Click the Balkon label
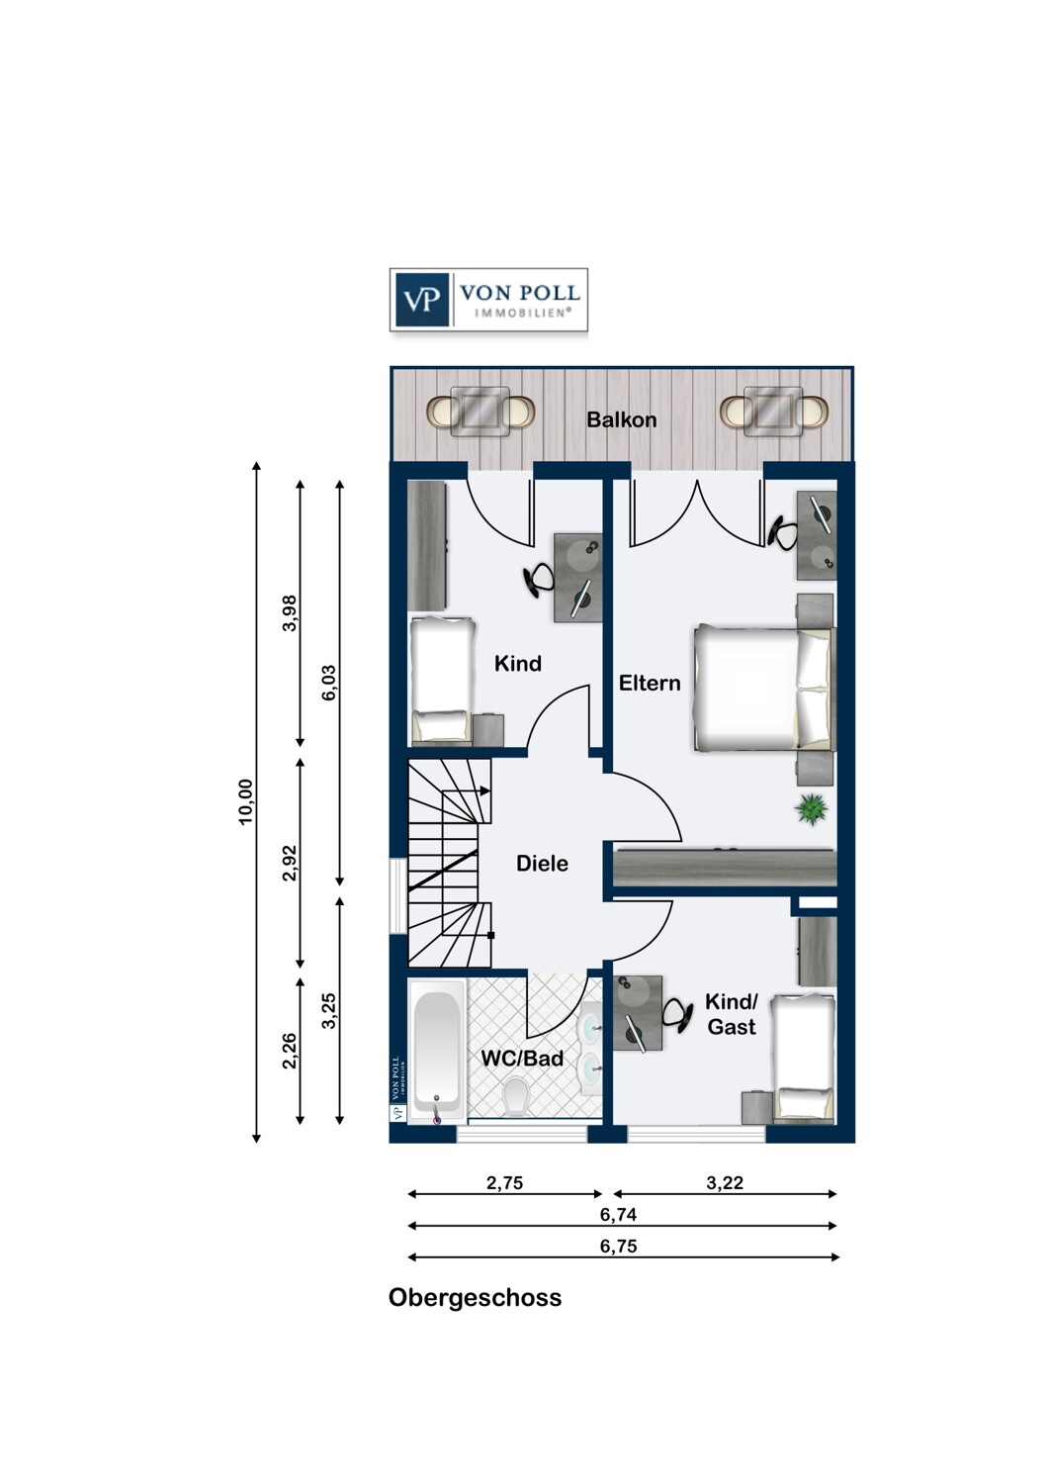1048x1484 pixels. tap(621, 420)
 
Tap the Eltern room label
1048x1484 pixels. tap(649, 683)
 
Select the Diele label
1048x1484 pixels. tap(542, 864)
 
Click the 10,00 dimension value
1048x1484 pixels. tap(245, 801)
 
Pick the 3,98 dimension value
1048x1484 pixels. tap(290, 613)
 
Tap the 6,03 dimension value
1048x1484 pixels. tap(329, 683)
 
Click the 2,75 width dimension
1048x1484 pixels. tap(504, 1182)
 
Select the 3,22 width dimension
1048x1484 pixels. tap(725, 1182)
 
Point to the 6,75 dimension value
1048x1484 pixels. tap(618, 1247)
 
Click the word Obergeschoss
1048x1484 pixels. tap(475, 1298)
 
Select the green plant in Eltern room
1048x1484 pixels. tap(811, 809)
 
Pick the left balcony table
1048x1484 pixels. tap(480, 412)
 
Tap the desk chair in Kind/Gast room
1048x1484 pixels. tap(677, 1015)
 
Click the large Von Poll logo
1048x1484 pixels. tap(488, 300)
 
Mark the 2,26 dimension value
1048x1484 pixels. tap(290, 1052)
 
